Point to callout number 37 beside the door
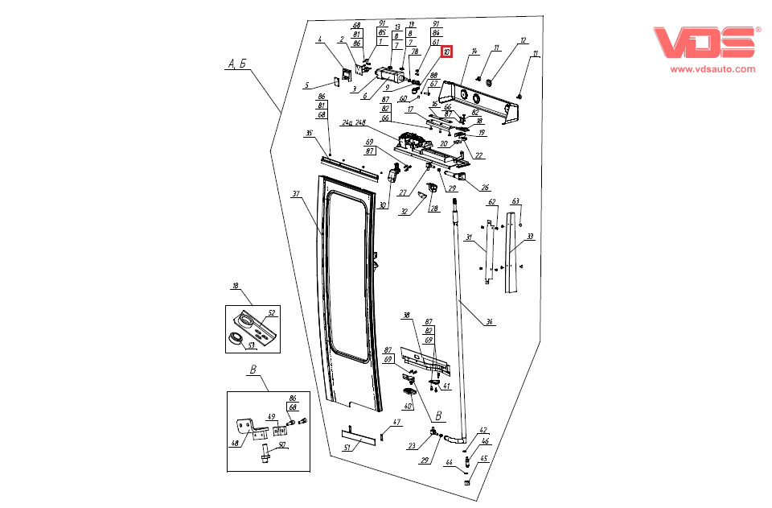click(296, 194)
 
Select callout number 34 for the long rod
click(488, 322)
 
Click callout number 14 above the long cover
click(474, 51)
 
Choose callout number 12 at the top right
click(523, 39)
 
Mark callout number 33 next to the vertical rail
click(530, 237)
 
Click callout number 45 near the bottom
click(484, 459)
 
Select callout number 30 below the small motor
click(384, 205)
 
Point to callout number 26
click(485, 188)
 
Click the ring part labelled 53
click(236, 337)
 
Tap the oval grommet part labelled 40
click(410, 391)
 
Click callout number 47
click(396, 422)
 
